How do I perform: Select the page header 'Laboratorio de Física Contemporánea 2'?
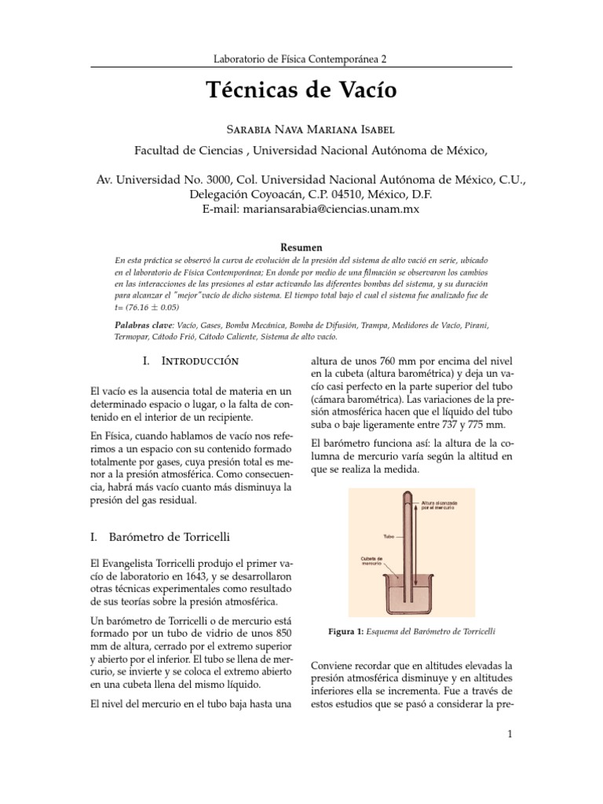[x=301, y=59]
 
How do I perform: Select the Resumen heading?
[x=301, y=247]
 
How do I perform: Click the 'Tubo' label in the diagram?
[x=388, y=537]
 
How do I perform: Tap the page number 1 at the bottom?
[x=510, y=735]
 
